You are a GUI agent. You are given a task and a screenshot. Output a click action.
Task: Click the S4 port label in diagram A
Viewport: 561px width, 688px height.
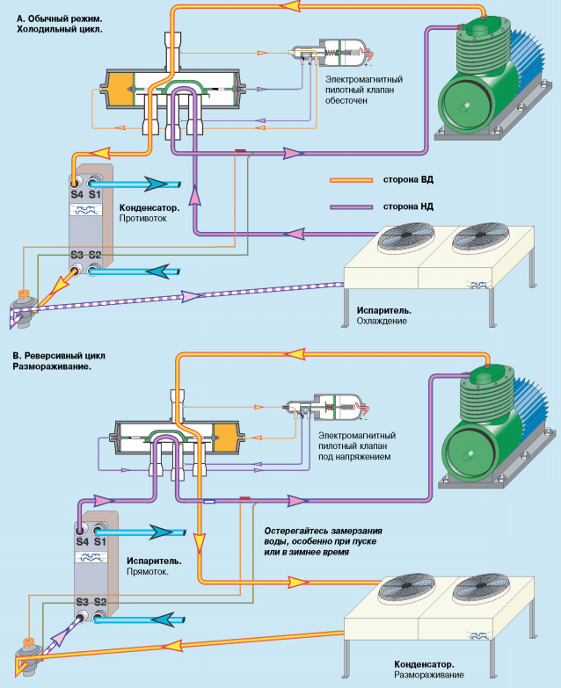76,193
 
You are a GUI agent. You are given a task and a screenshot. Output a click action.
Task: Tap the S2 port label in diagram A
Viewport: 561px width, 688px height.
95,256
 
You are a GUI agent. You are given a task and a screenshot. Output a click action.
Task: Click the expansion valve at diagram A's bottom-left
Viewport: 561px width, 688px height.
25,304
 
